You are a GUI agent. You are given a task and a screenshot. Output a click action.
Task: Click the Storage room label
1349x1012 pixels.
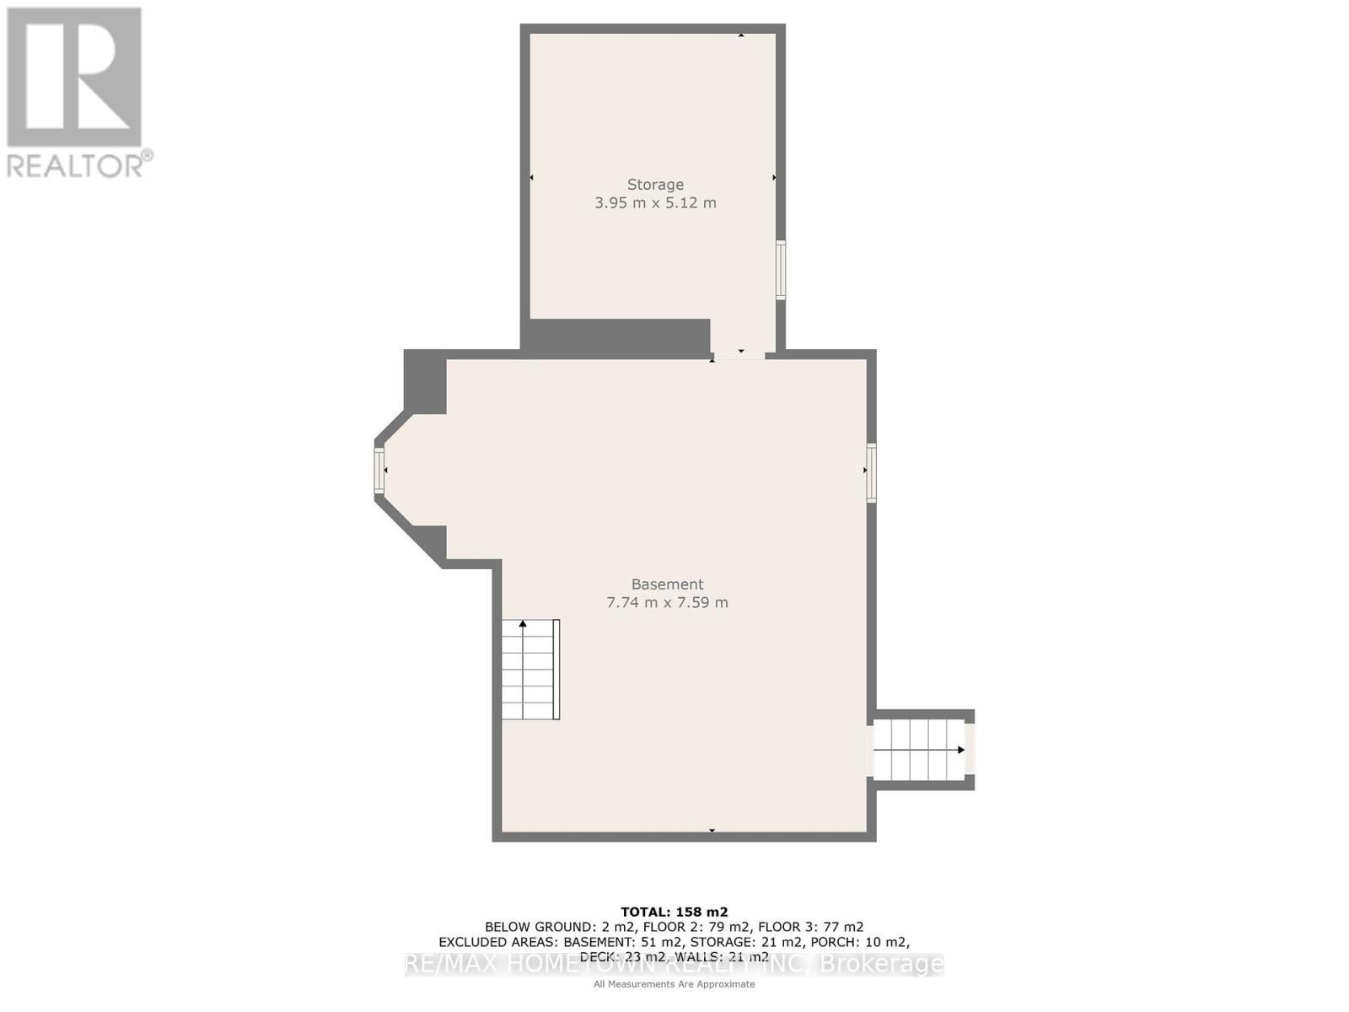pyautogui.click(x=655, y=184)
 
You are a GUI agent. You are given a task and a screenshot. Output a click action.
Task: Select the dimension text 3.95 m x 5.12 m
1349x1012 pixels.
pyautogui.click(x=655, y=202)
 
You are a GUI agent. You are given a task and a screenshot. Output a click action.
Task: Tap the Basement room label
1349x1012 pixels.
pyautogui.click(x=667, y=584)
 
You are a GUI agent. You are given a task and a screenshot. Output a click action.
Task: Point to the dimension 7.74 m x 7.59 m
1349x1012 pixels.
pyautogui.click(x=667, y=602)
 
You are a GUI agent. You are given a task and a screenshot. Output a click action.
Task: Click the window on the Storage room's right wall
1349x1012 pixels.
pyautogui.click(x=781, y=270)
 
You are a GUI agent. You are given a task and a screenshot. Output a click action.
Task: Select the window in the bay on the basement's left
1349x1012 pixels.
pyautogui.click(x=379, y=471)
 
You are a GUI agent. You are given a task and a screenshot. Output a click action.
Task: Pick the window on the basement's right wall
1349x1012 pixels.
pyautogui.click(x=871, y=473)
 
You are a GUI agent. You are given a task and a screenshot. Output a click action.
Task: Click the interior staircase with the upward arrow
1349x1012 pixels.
pyautogui.click(x=530, y=670)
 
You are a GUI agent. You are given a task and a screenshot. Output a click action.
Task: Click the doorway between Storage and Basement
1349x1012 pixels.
pyautogui.click(x=739, y=354)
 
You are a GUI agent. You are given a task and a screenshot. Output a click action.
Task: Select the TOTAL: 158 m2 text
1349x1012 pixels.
pyautogui.click(x=674, y=912)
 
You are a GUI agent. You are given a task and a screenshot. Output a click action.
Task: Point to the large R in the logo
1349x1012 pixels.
pyautogui.click(x=74, y=78)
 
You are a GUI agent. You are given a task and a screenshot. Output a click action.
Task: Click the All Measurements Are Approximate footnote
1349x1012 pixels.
pyautogui.click(x=674, y=984)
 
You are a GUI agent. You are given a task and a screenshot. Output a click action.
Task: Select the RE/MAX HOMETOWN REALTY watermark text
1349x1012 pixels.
pyautogui.click(x=674, y=964)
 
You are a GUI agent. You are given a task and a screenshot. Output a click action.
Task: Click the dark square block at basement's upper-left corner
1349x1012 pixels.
pyautogui.click(x=425, y=381)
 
